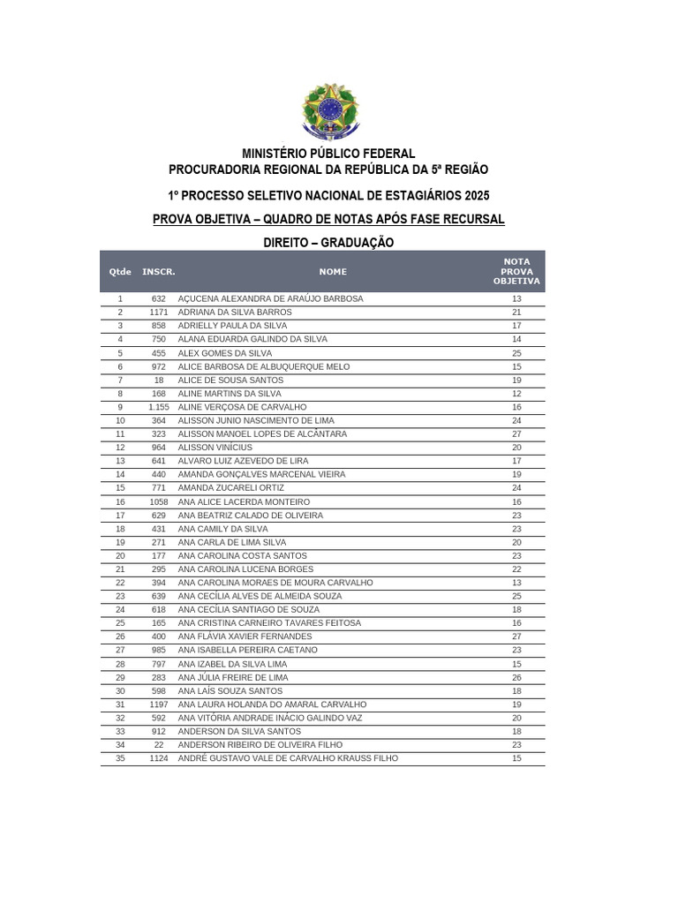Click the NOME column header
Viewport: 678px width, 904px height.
[x=333, y=272]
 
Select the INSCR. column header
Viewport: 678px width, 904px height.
[x=159, y=272]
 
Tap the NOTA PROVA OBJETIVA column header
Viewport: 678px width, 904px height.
[x=516, y=271]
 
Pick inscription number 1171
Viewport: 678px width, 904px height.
[x=159, y=313]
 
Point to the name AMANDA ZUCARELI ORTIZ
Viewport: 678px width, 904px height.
[x=231, y=488]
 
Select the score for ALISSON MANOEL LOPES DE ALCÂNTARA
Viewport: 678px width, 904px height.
[x=516, y=434]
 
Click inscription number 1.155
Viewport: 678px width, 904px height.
[x=159, y=407]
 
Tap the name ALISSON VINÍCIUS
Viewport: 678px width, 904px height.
[x=215, y=448]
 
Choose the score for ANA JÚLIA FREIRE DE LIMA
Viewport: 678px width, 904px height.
[x=516, y=678]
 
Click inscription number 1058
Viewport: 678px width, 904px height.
[x=159, y=501]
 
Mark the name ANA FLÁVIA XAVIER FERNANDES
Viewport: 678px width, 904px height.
[x=245, y=637]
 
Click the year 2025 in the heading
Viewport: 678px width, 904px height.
[x=473, y=194]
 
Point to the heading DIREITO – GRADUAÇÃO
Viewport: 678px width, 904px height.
[x=328, y=242]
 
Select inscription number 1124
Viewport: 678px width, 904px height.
[x=159, y=758]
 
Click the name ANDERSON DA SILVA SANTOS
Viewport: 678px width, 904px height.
[x=239, y=732]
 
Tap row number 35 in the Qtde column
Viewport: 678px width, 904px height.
[x=120, y=758]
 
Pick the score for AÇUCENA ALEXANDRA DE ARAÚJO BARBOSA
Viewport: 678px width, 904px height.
[x=516, y=299]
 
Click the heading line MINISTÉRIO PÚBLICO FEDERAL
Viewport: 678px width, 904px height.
[x=328, y=154]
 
